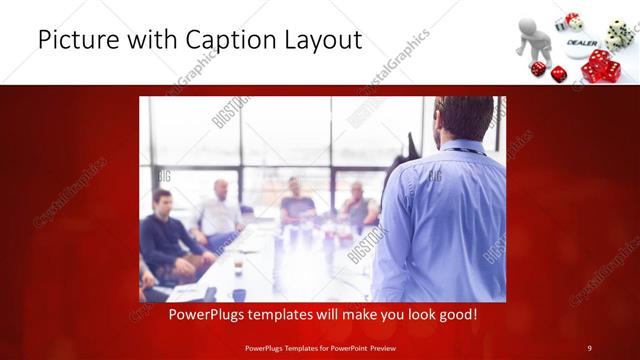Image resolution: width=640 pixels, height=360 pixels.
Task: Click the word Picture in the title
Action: (74, 40)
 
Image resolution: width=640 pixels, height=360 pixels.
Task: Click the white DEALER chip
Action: (582, 44)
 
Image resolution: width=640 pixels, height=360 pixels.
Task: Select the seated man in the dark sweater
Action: (163, 236)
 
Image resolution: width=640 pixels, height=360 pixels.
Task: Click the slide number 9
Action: (589, 347)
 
